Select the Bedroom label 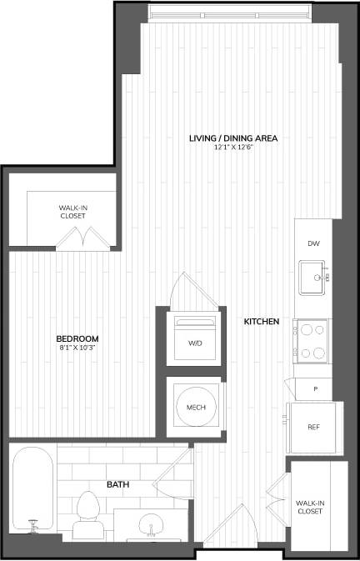77,338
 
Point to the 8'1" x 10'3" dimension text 77,348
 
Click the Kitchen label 261,321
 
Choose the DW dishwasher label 313,243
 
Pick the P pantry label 315,388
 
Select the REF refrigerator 313,426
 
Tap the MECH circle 195,407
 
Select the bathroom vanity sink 151,524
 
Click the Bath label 117,483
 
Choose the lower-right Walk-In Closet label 309,506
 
